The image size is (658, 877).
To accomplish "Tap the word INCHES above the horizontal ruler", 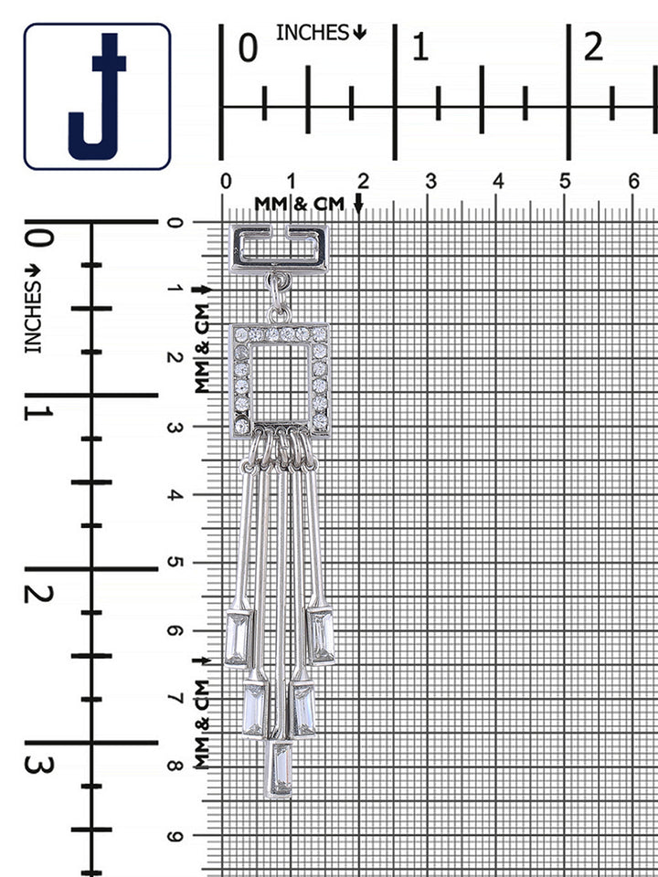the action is point(313,33).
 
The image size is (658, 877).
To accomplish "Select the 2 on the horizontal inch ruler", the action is point(593,47).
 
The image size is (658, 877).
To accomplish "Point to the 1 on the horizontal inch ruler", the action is point(420,47).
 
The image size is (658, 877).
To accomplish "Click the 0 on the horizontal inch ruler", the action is point(248,48).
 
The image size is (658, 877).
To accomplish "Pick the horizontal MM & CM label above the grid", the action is point(300,204).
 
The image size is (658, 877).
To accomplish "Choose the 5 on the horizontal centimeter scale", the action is point(565,181).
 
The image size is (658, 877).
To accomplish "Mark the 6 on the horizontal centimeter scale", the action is point(632,181).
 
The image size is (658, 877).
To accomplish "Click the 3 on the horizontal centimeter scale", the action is point(430,181).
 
